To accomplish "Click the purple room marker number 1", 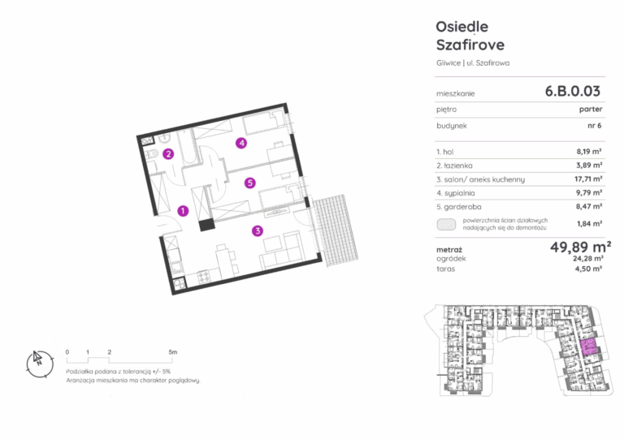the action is pyautogui.click(x=183, y=210).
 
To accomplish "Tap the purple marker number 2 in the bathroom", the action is pyautogui.click(x=168, y=153).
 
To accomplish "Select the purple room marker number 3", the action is pyautogui.click(x=258, y=230).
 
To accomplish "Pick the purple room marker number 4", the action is pyautogui.click(x=241, y=143).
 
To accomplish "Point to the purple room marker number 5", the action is pyautogui.click(x=250, y=183).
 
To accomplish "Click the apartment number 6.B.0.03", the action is pyautogui.click(x=572, y=91).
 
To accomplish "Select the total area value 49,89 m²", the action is pyautogui.click(x=581, y=247).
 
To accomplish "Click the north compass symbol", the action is pyautogui.click(x=39, y=364).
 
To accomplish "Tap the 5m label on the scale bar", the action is pyautogui.click(x=173, y=352).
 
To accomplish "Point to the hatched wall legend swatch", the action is pyautogui.click(x=447, y=225).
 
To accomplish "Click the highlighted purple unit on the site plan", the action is pyautogui.click(x=588, y=347).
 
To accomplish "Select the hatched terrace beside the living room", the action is pyautogui.click(x=335, y=230).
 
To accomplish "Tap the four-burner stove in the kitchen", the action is pyautogui.click(x=204, y=276).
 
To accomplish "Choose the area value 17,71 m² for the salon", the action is pyautogui.click(x=588, y=179).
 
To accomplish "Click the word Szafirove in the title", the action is pyautogui.click(x=470, y=45).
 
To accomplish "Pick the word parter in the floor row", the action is pyautogui.click(x=591, y=110).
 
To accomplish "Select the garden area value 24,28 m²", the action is pyautogui.click(x=588, y=259).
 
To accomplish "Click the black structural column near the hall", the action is pyautogui.click(x=206, y=225).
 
